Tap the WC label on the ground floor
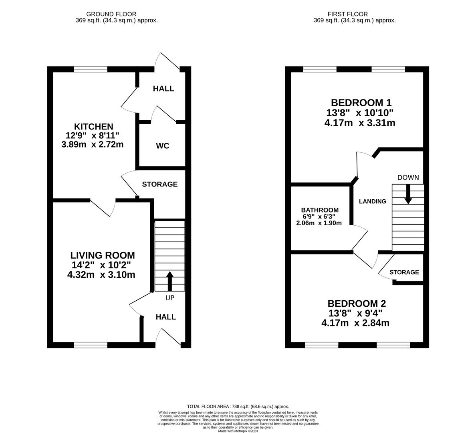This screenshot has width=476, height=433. (x=163, y=146)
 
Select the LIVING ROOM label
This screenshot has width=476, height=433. (x=103, y=255)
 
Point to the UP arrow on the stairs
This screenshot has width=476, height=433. (x=169, y=281)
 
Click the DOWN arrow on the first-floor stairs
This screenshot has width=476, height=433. (x=408, y=194)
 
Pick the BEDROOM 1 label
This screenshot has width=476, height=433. (x=361, y=103)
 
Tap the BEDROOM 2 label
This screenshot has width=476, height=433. (x=357, y=304)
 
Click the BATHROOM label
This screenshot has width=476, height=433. (x=320, y=210)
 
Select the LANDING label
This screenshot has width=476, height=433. (x=372, y=201)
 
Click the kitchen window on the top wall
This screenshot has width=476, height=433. (x=91, y=69)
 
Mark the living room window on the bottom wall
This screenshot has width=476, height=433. (x=91, y=345)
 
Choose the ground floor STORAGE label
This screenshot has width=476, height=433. (x=160, y=184)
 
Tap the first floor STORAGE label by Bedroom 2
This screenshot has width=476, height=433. (x=404, y=272)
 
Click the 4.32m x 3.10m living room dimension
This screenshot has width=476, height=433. (x=101, y=275)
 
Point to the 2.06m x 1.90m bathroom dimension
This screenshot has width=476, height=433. (x=319, y=223)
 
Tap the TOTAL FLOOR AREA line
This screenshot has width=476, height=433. (x=238, y=406)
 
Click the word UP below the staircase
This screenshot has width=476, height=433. (x=169, y=298)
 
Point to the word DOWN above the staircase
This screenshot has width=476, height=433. (x=408, y=178)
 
